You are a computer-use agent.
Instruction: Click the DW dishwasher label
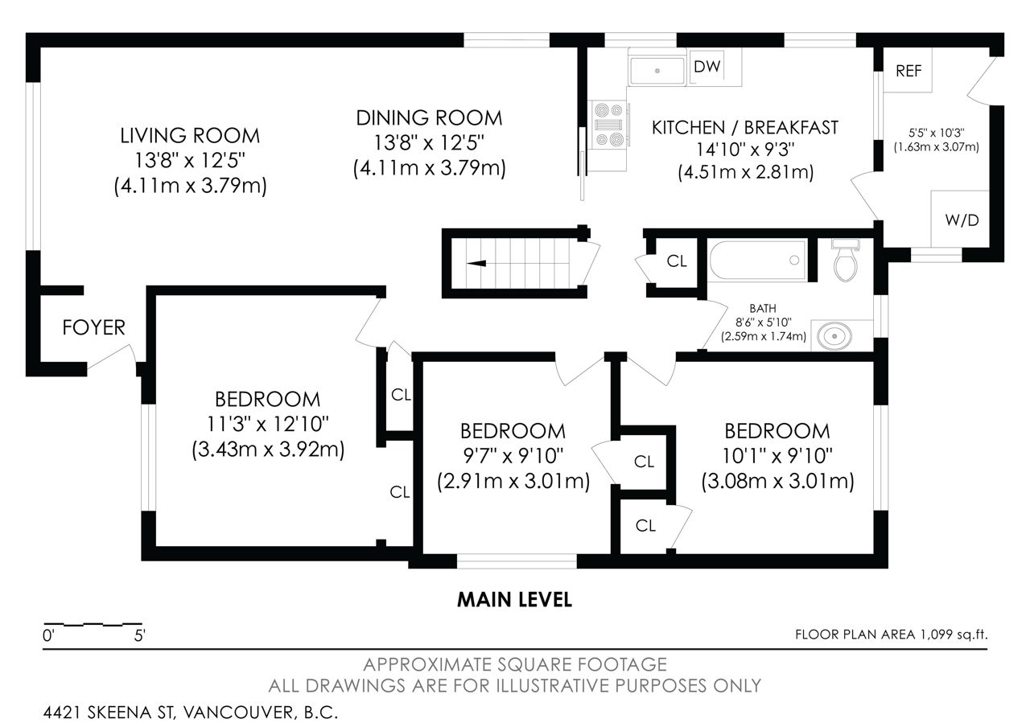click(707, 67)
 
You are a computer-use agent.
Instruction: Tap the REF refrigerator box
click(908, 70)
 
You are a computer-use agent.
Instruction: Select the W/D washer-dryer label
click(962, 220)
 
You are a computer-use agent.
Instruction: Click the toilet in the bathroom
click(845, 260)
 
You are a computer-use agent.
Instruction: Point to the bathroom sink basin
click(834, 336)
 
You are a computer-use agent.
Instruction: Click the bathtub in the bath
click(758, 260)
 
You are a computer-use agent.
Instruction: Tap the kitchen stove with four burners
click(608, 125)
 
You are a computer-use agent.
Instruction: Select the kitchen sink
click(657, 70)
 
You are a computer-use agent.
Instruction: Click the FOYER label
click(94, 327)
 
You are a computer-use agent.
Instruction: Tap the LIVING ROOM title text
click(190, 136)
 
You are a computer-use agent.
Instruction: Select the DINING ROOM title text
click(429, 118)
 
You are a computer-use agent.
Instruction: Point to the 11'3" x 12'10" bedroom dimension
click(268, 424)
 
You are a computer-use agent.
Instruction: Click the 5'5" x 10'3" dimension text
click(936, 133)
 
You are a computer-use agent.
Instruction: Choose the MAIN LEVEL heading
click(514, 600)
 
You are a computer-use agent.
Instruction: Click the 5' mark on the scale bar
click(140, 636)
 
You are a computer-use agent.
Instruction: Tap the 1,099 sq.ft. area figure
click(953, 635)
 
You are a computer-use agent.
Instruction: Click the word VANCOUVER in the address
click(238, 713)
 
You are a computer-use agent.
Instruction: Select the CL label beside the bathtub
click(677, 261)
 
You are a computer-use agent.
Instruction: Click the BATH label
click(763, 308)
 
